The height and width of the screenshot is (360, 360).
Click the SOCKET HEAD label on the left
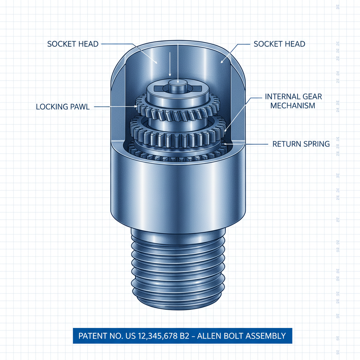click(73, 44)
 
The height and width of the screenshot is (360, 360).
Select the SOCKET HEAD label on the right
click(279, 44)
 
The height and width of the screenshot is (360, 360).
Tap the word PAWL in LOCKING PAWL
click(79, 107)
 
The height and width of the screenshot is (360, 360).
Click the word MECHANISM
click(292, 105)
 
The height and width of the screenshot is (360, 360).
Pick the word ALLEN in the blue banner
click(210, 336)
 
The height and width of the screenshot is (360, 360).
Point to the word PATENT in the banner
click(91, 336)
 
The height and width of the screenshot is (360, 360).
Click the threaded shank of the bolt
click(178, 267)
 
